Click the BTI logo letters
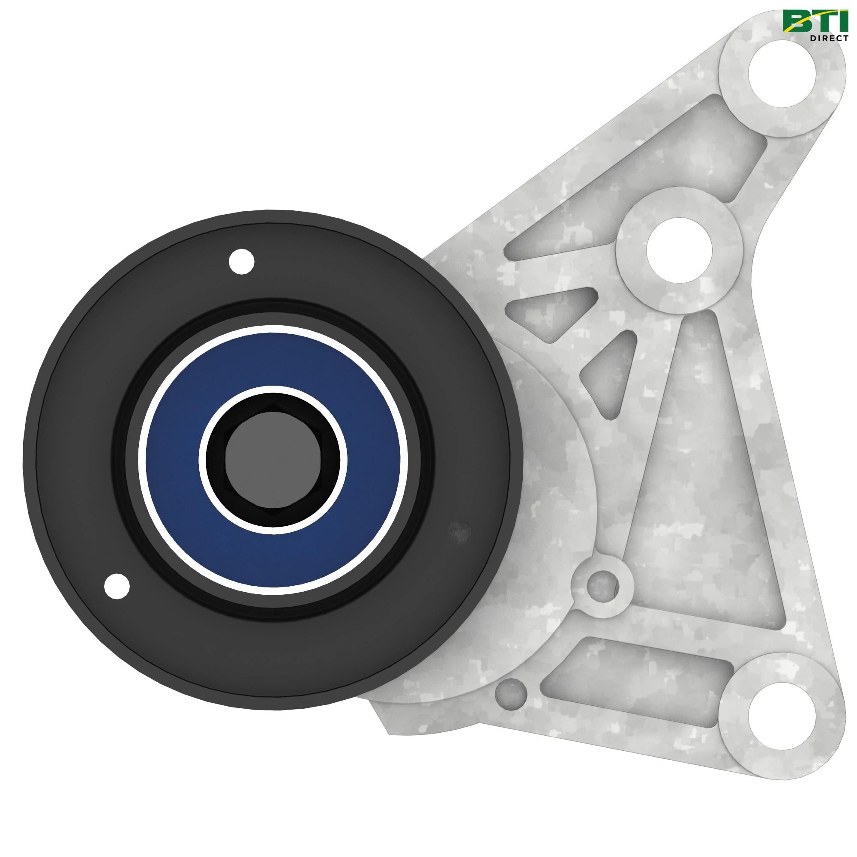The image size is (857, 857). (814, 22)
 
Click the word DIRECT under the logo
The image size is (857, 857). (829, 38)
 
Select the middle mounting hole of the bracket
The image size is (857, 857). (679, 251)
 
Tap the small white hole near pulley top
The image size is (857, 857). (242, 262)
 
